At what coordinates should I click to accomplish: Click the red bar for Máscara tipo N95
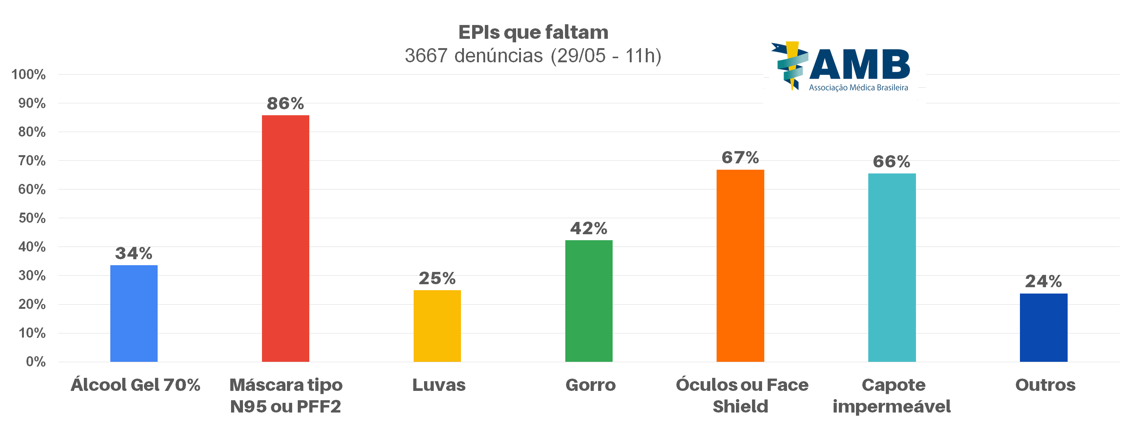point(285,238)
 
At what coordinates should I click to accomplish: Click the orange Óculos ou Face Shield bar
point(740,266)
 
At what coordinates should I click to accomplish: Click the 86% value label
point(285,104)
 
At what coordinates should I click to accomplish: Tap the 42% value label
point(588,228)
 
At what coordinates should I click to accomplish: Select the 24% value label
point(1043,281)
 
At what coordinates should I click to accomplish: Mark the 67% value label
point(740,158)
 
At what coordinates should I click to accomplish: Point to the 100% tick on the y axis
point(28,75)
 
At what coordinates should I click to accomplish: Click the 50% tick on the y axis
point(32,218)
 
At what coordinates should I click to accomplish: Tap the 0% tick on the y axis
point(35,361)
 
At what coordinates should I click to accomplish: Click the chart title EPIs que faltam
point(533,32)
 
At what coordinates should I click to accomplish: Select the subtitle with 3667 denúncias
point(533,56)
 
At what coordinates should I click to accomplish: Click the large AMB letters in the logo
point(859,65)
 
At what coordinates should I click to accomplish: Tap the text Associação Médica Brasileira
point(858,88)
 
